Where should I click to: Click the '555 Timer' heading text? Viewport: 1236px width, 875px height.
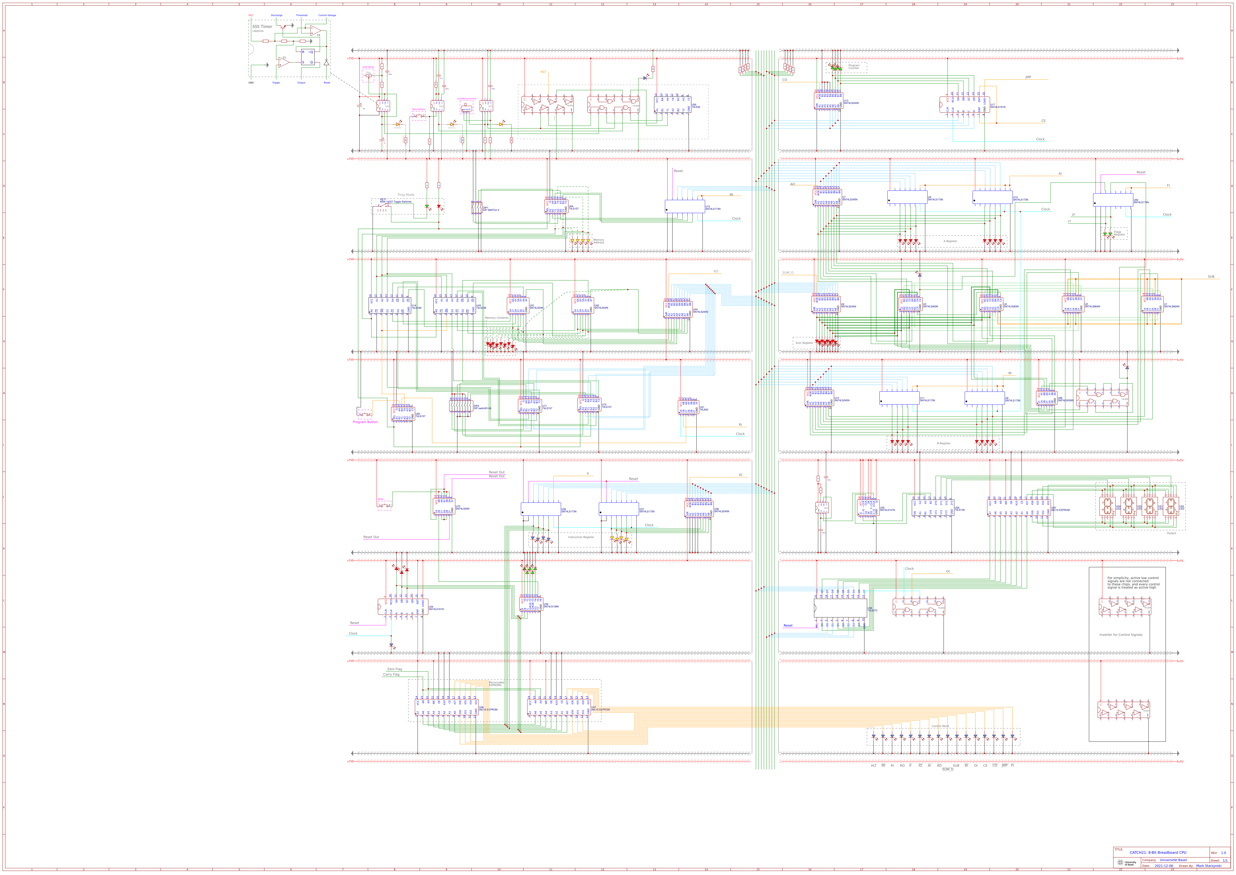tap(262, 26)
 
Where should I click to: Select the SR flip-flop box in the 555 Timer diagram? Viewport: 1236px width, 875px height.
tap(308, 57)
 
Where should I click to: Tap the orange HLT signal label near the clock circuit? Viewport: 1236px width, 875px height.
tap(543, 72)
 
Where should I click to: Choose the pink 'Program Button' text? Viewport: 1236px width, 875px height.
tap(365, 422)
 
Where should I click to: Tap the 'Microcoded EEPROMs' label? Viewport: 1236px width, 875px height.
tap(496, 684)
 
